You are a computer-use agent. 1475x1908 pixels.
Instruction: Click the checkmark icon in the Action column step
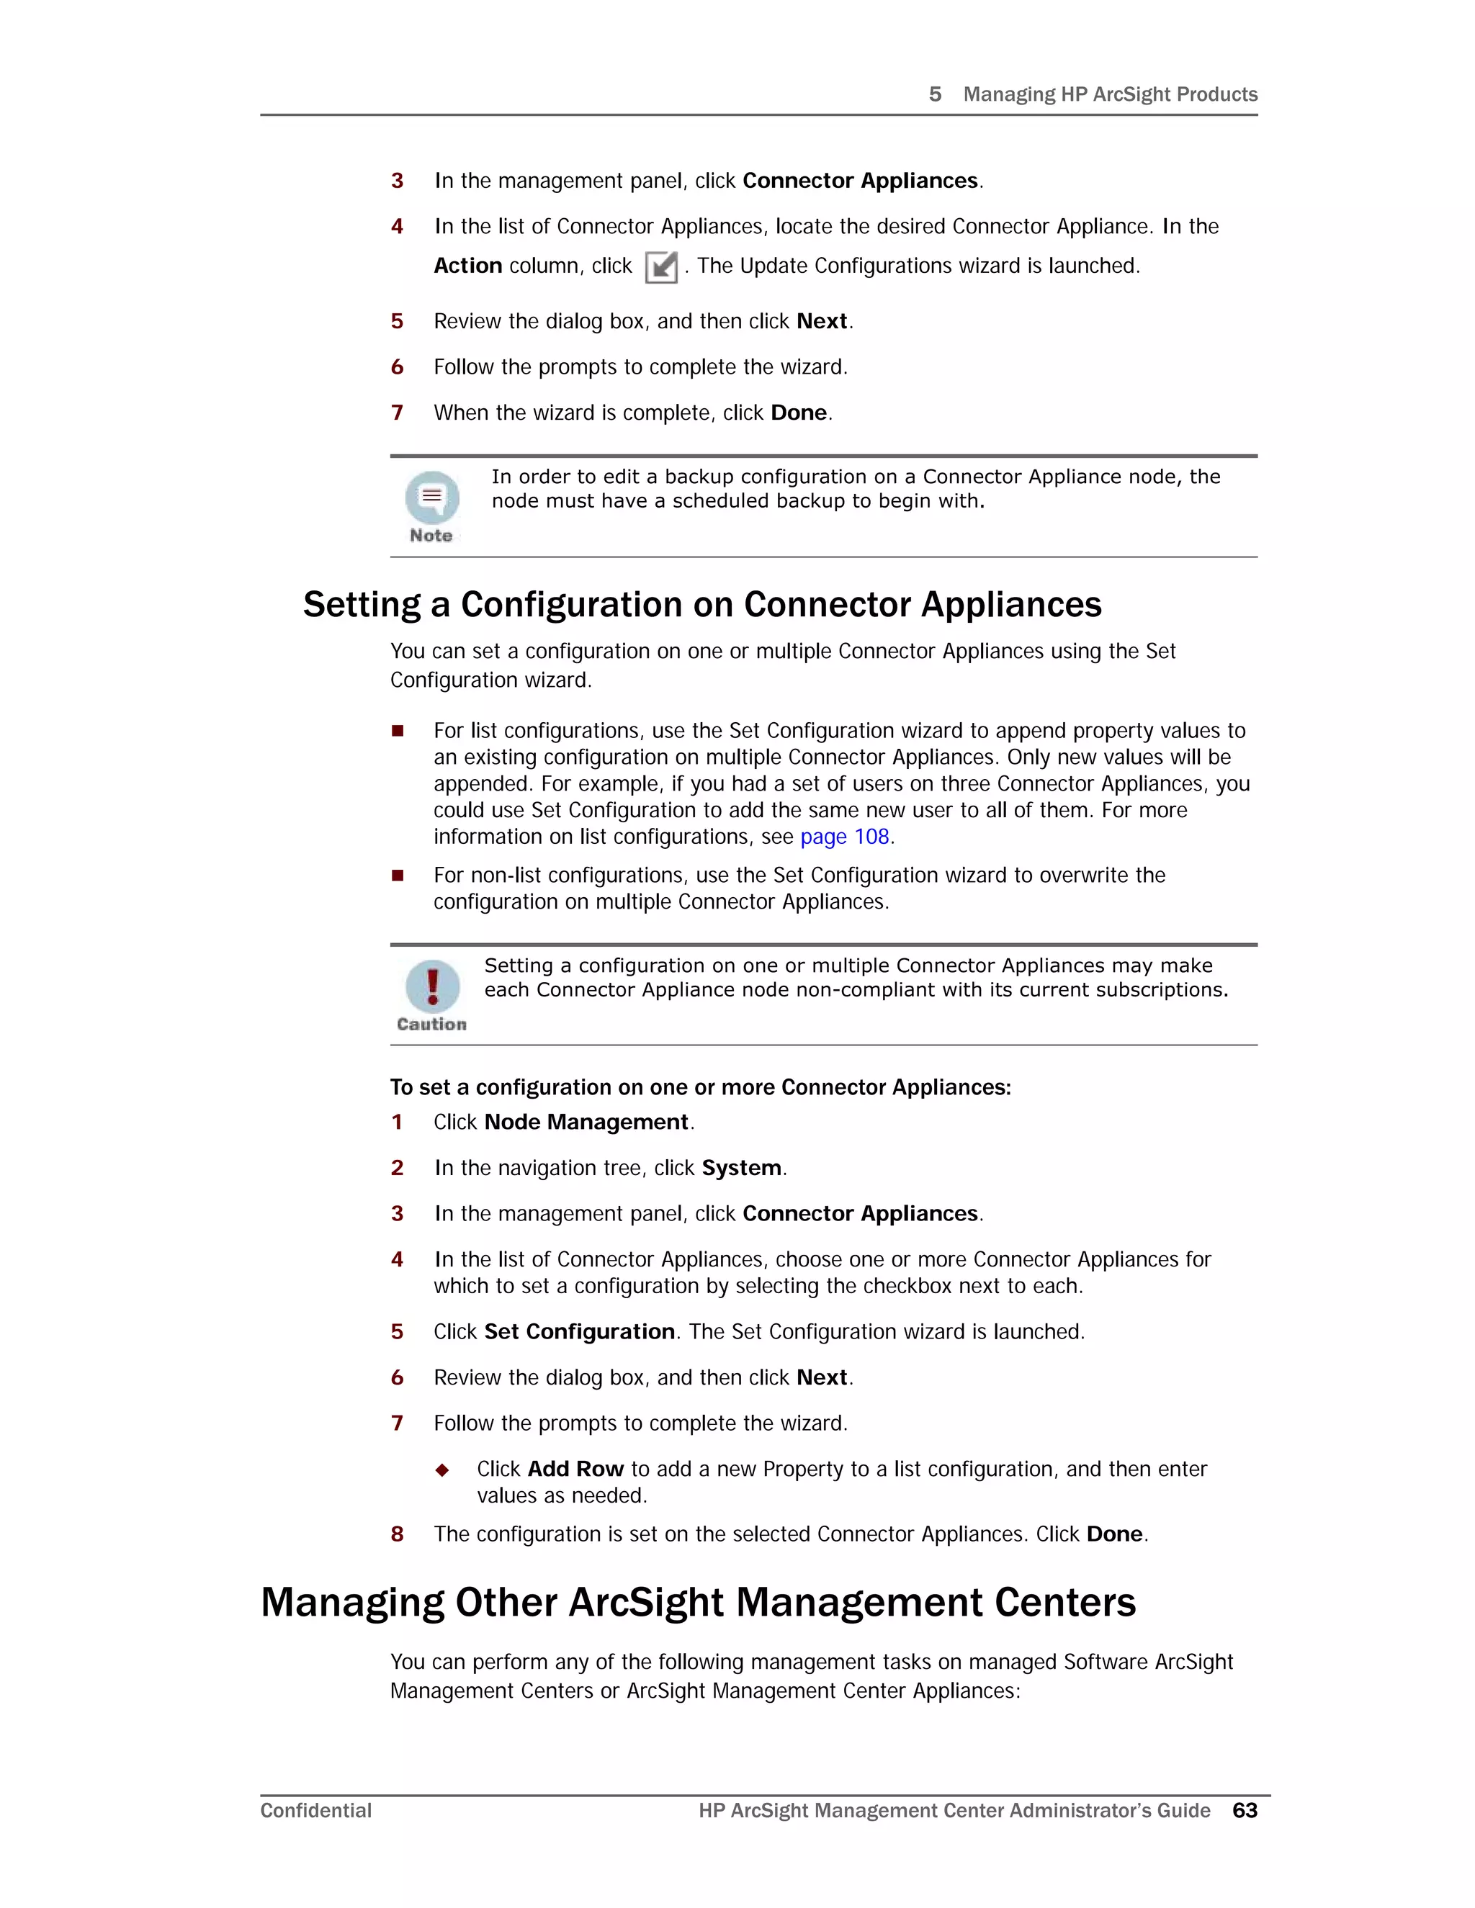click(x=661, y=267)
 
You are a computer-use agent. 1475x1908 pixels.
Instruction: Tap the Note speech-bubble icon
click(x=431, y=497)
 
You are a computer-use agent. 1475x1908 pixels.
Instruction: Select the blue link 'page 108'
click(x=844, y=837)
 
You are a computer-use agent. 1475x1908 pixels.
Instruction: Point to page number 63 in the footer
click(x=1245, y=1810)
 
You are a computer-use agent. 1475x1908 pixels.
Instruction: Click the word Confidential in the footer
click(x=315, y=1810)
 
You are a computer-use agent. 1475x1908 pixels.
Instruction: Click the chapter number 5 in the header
click(x=935, y=94)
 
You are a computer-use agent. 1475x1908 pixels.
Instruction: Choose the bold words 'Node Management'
click(x=586, y=1122)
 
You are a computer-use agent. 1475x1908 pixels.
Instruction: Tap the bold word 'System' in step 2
click(x=741, y=1168)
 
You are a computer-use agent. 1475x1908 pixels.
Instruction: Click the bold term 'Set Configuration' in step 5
click(x=579, y=1332)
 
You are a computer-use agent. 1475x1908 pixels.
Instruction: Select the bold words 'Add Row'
click(x=575, y=1470)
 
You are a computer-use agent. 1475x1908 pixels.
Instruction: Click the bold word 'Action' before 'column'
click(x=467, y=266)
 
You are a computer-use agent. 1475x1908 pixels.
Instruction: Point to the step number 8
click(x=398, y=1535)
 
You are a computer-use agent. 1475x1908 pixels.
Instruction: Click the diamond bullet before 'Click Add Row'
click(x=442, y=1470)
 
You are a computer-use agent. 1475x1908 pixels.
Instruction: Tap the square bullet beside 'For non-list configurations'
click(x=398, y=876)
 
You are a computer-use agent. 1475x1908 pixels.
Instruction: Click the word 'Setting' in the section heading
click(x=362, y=605)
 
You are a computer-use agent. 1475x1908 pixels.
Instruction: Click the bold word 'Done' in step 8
click(x=1114, y=1535)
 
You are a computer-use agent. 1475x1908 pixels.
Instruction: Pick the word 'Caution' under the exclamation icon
click(x=431, y=1025)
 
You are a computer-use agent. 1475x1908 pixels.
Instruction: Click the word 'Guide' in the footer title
click(x=1183, y=1810)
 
